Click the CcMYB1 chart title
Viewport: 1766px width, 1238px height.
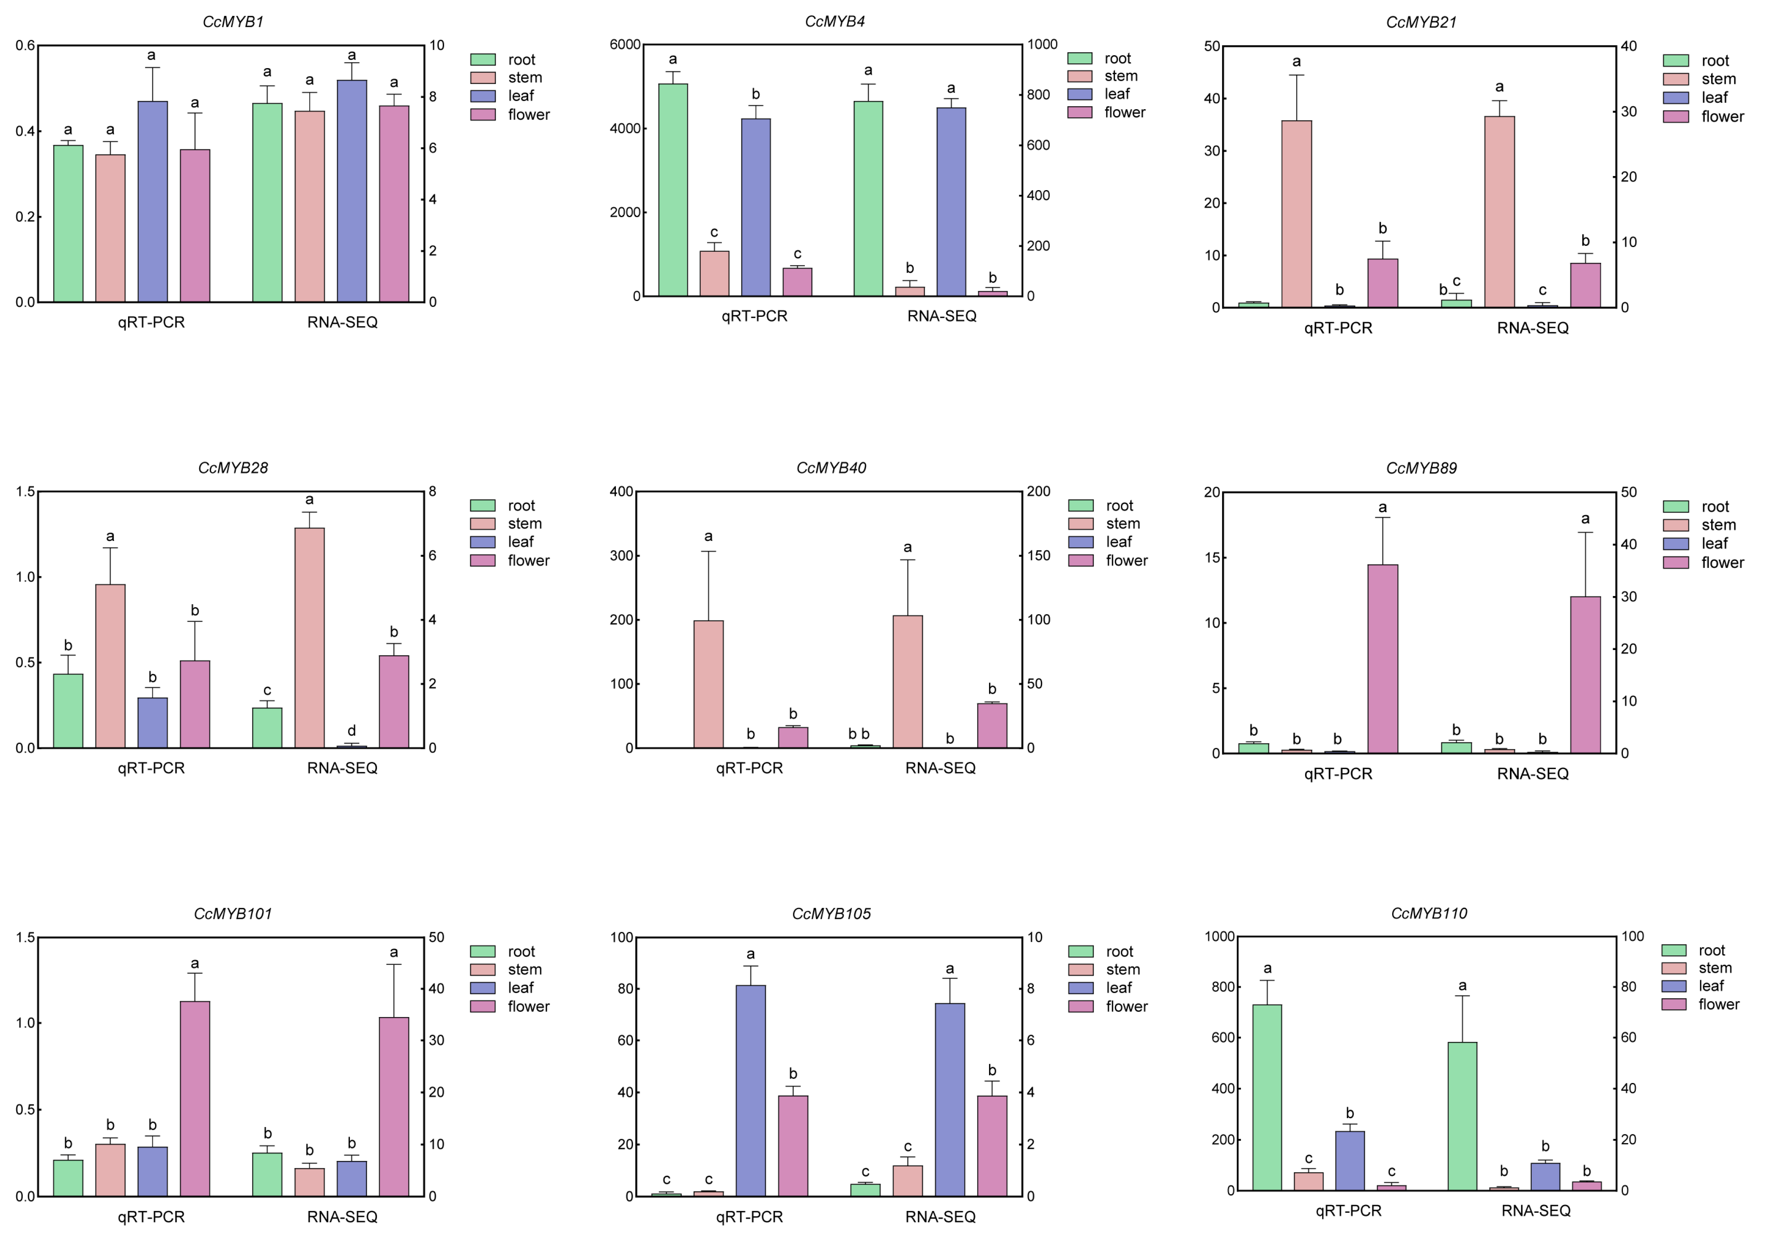233,21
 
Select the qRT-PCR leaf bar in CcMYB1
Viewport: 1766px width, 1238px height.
152,201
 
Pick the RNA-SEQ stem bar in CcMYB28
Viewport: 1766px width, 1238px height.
309,638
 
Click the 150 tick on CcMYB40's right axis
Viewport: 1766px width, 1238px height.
1039,555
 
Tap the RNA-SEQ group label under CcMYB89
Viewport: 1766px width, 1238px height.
1532,773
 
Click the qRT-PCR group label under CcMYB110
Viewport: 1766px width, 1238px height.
1348,1210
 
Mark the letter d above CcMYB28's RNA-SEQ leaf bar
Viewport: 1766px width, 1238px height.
352,731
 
